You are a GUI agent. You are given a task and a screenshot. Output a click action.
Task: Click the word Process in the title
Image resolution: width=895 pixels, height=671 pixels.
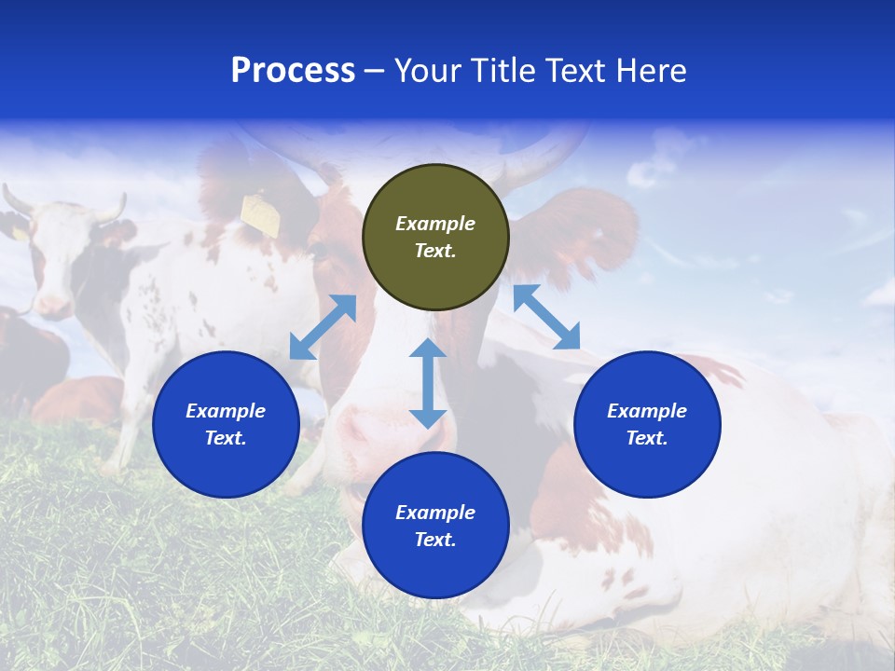(x=293, y=71)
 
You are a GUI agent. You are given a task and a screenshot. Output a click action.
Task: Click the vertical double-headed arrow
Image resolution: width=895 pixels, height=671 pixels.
(x=428, y=383)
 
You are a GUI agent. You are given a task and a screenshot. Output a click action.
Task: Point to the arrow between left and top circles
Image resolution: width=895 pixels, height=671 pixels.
(x=323, y=327)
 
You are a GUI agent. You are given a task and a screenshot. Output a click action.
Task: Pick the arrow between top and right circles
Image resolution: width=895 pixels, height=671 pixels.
(x=546, y=317)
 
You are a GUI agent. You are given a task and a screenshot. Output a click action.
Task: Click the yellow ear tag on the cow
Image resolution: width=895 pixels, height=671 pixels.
(x=260, y=214)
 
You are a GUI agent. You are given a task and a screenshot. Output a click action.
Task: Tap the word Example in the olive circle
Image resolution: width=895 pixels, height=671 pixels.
(x=435, y=224)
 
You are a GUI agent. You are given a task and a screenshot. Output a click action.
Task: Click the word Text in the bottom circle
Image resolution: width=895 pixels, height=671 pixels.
(x=434, y=540)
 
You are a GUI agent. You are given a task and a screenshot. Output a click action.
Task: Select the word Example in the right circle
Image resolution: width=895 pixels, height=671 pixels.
(x=647, y=411)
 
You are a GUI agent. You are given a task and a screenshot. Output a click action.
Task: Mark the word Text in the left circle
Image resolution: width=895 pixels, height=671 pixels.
(x=225, y=438)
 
